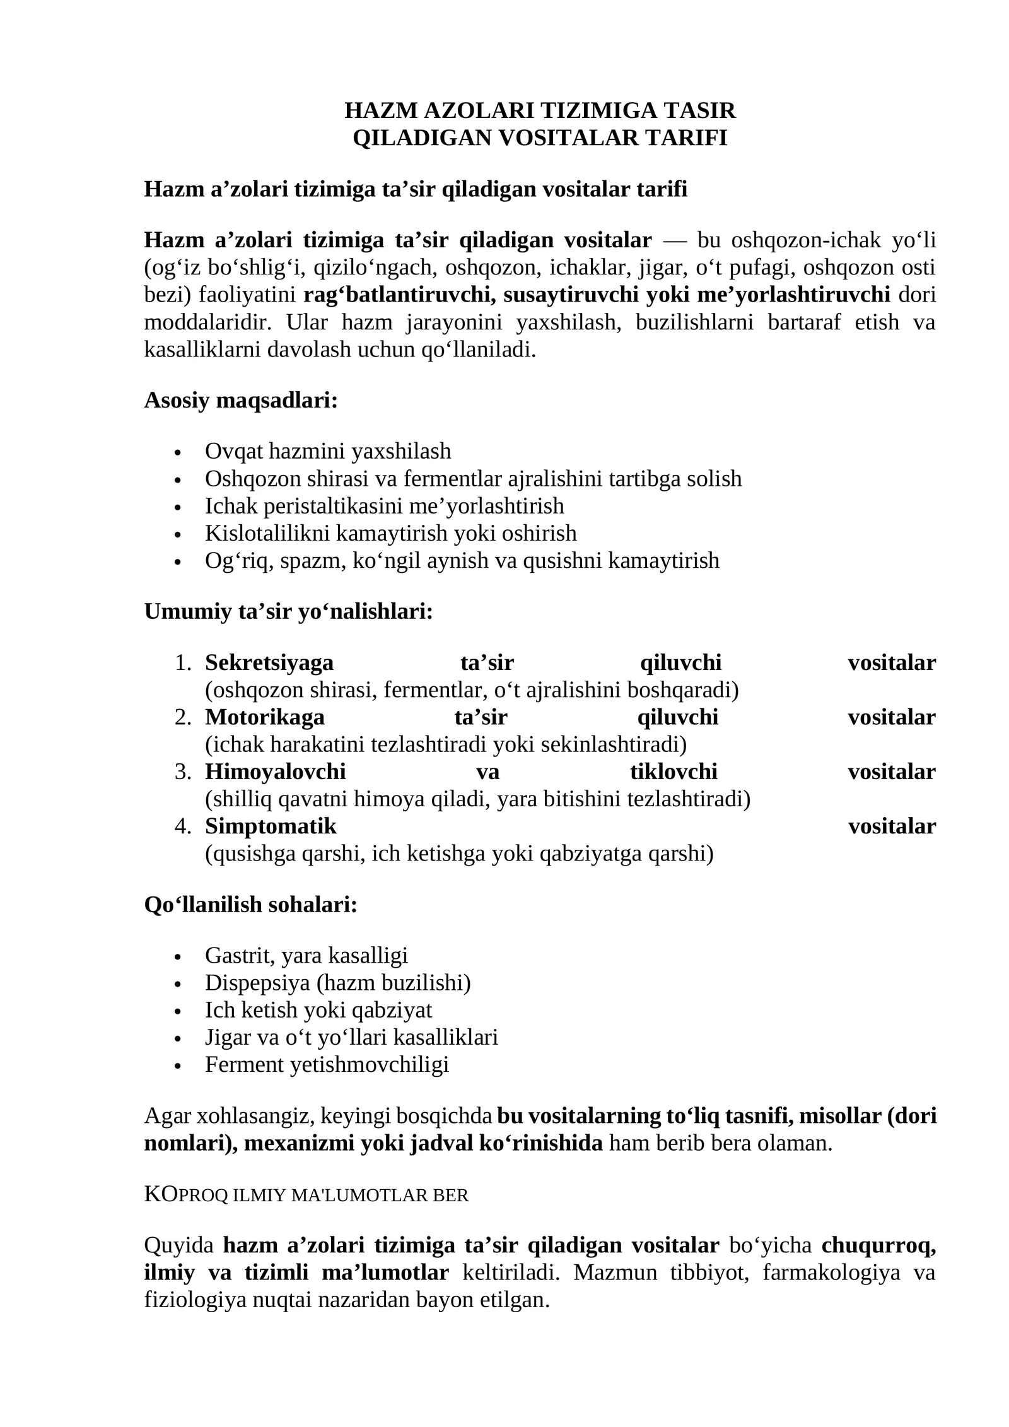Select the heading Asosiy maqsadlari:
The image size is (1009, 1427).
tap(241, 400)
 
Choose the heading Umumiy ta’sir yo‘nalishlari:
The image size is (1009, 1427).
tap(289, 611)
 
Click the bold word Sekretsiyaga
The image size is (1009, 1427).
tap(269, 663)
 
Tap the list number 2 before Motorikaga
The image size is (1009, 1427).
tap(183, 717)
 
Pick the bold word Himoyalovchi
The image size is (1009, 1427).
tap(276, 772)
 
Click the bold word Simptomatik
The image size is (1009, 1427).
tap(271, 826)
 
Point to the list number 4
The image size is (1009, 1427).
tap(183, 826)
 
